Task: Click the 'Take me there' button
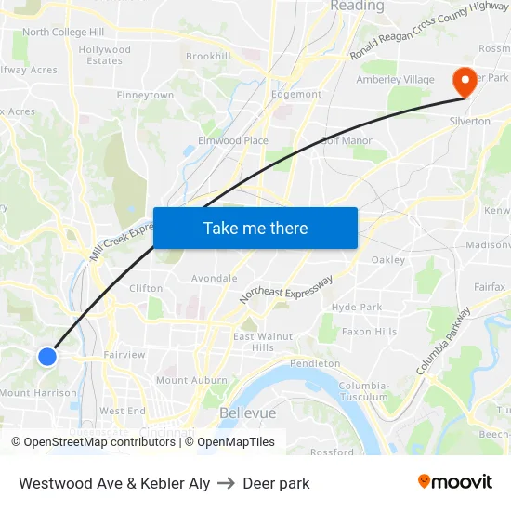[x=255, y=228]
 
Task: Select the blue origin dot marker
[x=47, y=356]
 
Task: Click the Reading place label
[x=357, y=7]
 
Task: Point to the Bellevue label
[x=248, y=412]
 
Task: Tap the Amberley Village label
[x=397, y=80]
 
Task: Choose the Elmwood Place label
[x=232, y=141]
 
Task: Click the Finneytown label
[x=145, y=96]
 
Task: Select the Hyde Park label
[x=357, y=308]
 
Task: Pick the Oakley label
[x=387, y=260]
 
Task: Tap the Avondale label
[x=214, y=278]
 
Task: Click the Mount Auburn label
[x=191, y=380]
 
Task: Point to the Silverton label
[x=469, y=122]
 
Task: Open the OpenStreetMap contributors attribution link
[x=95, y=442]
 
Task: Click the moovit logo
[x=454, y=482]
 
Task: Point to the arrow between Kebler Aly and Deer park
[x=226, y=483]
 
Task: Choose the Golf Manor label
[x=346, y=141]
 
